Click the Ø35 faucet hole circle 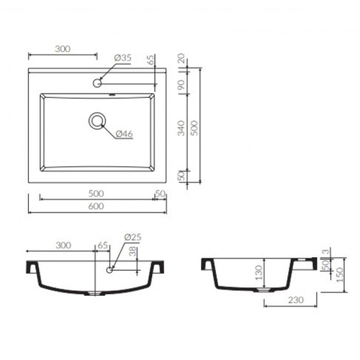point(97,83)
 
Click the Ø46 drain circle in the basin point(97,121)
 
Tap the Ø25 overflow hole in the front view point(109,270)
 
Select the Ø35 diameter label point(122,58)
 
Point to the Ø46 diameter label point(124,134)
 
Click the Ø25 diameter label point(132,237)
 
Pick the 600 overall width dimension point(96,206)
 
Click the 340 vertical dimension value point(181,128)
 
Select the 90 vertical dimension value point(181,84)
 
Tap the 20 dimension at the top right point(181,58)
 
